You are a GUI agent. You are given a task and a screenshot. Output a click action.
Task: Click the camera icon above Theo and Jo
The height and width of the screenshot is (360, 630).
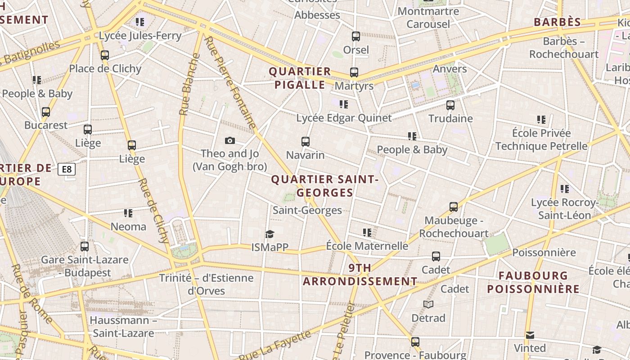(x=230, y=141)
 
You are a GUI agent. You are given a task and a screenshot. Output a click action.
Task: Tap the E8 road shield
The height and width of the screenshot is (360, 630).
(x=67, y=169)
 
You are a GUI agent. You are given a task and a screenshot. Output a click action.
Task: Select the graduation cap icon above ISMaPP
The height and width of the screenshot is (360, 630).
(x=270, y=234)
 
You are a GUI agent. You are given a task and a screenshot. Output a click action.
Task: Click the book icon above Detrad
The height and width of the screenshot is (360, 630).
(x=428, y=305)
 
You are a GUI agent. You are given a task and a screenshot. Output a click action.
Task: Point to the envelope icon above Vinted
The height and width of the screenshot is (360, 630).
(x=530, y=335)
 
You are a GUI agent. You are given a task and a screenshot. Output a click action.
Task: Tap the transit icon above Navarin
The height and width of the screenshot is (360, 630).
(x=306, y=142)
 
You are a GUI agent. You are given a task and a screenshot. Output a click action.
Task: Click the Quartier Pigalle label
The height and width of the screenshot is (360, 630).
(x=300, y=78)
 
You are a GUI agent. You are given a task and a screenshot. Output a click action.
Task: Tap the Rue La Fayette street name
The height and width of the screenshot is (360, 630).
(x=275, y=345)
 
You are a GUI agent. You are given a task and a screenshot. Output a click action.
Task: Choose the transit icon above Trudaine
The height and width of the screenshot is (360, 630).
(x=450, y=105)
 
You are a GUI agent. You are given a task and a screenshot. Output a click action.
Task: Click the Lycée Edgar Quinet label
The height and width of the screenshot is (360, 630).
(x=344, y=118)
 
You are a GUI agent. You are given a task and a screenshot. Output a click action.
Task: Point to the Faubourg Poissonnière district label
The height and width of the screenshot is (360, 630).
(x=533, y=282)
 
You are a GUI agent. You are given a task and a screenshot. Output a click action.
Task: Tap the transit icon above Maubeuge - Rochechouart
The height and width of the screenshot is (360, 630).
(x=454, y=207)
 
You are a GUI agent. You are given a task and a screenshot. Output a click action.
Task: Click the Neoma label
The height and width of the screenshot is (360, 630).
(x=129, y=226)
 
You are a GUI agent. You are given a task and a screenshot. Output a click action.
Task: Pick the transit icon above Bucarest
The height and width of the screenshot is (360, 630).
(x=46, y=112)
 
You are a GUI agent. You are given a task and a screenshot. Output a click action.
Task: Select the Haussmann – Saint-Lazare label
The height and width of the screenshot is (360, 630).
(x=123, y=327)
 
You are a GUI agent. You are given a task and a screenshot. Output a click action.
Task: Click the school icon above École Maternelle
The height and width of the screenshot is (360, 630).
(x=367, y=233)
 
